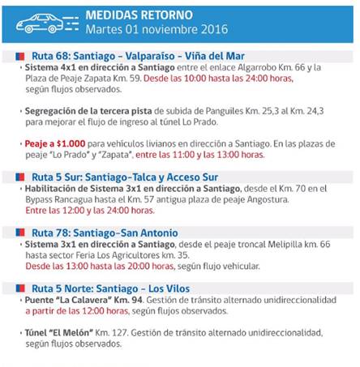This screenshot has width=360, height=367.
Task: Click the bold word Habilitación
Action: (x=54, y=186)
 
